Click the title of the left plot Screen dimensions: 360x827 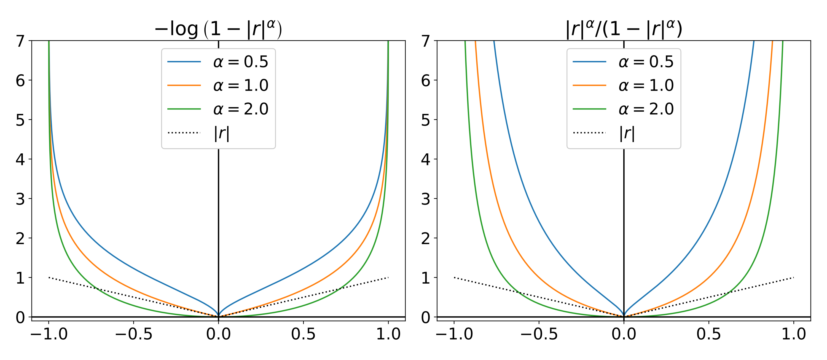pyautogui.click(x=218, y=29)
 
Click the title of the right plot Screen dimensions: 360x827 pyautogui.click(x=624, y=29)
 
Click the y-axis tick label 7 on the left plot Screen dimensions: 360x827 pyautogui.click(x=20, y=41)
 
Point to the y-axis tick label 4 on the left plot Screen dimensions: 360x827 pyautogui.click(x=20, y=159)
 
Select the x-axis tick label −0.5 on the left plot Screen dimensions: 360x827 pyautogui.click(x=133, y=334)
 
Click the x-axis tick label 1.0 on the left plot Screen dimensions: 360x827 pyautogui.click(x=388, y=334)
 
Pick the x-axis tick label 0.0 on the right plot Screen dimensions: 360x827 pyautogui.click(x=624, y=334)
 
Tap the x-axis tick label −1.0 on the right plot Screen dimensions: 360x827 pyautogui.click(x=454, y=334)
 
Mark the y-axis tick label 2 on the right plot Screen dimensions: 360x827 pyautogui.click(x=426, y=239)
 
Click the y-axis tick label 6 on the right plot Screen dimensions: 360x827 pyautogui.click(x=426, y=81)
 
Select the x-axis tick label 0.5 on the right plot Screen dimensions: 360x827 pyautogui.click(x=708, y=334)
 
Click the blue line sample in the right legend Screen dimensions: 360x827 pyautogui.click(x=589, y=62)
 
